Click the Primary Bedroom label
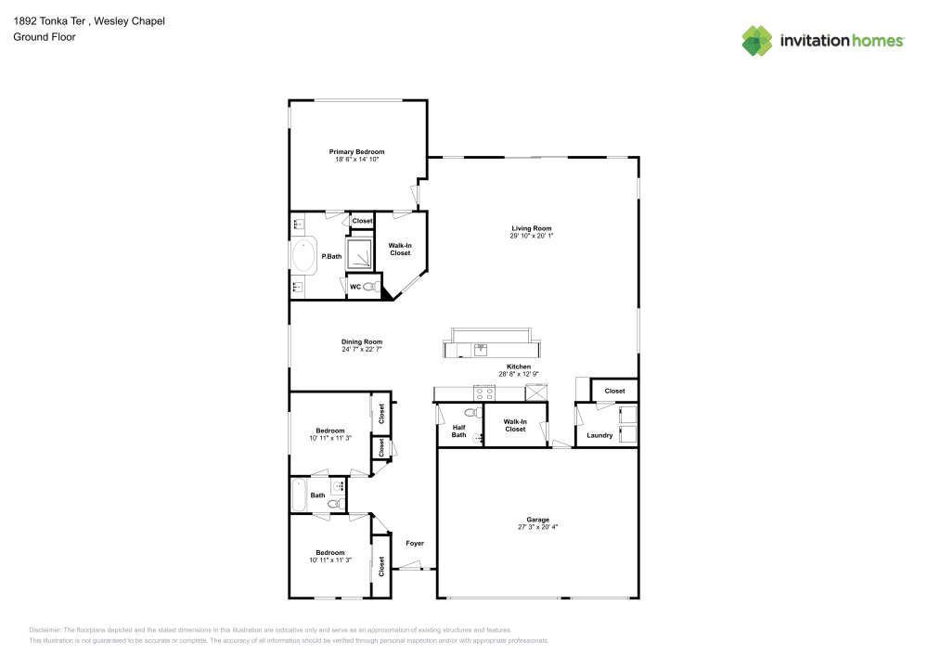[x=356, y=151]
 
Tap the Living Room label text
[x=531, y=228]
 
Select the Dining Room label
[x=362, y=341]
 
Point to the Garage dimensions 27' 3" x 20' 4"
[x=537, y=527]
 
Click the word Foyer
[x=415, y=543]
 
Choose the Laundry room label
[x=599, y=435]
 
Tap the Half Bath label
[x=458, y=431]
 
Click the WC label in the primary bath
[x=354, y=287]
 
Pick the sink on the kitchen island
[x=481, y=349]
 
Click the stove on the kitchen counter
[x=484, y=392]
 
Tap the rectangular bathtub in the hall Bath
[x=299, y=495]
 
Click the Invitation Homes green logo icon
[x=757, y=40]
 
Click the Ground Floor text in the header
[x=45, y=37]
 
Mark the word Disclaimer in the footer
[x=45, y=629]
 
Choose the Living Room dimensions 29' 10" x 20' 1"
[x=531, y=237]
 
